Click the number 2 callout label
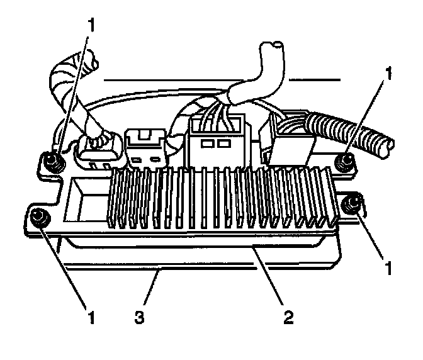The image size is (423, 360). point(288,314)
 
